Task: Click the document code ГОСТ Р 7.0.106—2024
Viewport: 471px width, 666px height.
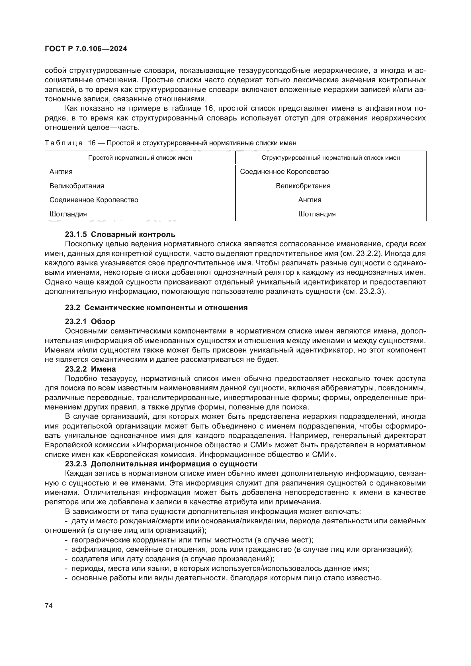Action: point(86,49)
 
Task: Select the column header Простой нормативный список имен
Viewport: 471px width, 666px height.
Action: point(140,158)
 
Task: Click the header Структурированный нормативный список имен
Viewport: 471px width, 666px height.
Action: point(331,158)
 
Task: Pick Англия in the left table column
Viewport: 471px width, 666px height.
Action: point(61,172)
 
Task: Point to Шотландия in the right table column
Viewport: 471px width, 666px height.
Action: point(317,214)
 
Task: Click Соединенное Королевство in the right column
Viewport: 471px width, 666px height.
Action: point(284,172)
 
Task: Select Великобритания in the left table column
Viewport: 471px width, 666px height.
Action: point(77,186)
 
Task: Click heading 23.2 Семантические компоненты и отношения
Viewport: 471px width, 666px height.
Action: point(156,308)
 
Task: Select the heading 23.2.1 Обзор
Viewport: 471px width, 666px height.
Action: point(90,321)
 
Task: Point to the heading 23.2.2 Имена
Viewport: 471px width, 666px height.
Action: point(90,369)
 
